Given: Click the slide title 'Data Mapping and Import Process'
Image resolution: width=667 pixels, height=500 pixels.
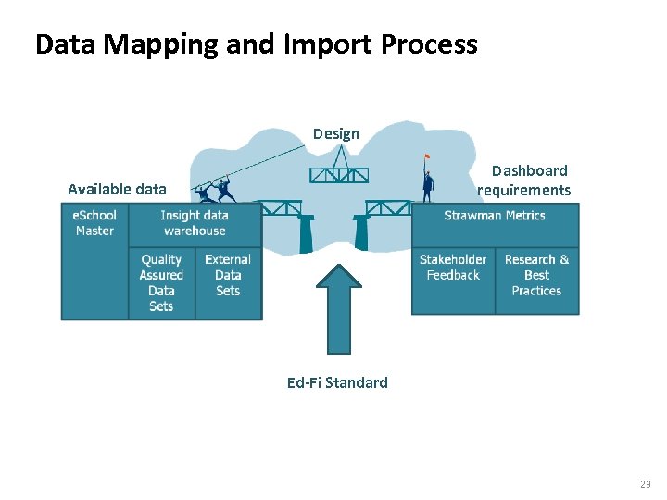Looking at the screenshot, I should (256, 44).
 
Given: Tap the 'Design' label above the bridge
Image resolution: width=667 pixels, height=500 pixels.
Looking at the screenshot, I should (335, 133).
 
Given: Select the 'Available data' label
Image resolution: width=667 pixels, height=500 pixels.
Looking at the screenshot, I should (117, 189).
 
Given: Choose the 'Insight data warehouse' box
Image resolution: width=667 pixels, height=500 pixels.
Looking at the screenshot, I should (195, 223).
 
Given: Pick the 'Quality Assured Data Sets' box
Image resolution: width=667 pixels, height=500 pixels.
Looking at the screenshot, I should (161, 282).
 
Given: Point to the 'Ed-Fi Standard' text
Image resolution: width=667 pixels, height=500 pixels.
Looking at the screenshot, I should (337, 382).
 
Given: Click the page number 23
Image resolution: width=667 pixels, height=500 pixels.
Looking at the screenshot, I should (645, 484).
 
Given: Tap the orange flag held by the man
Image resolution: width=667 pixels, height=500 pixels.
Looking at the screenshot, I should (426, 156).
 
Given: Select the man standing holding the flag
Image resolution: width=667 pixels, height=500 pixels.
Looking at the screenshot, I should (427, 184).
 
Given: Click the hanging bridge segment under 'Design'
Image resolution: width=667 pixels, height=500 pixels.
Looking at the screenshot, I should (338, 174).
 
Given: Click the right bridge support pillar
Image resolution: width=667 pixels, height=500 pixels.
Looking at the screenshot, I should (361, 233).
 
